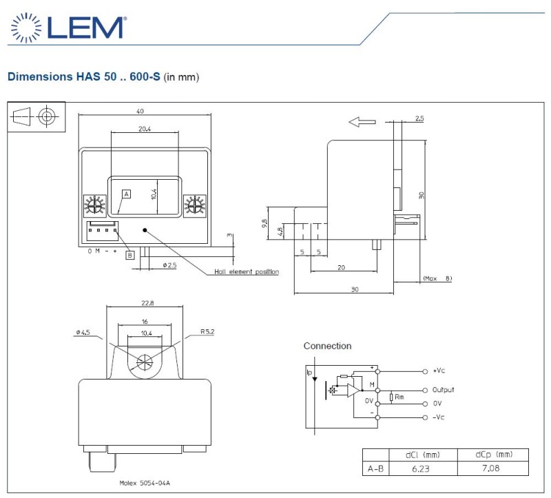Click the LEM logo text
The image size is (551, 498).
85,28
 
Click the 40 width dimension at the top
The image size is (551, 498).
140,111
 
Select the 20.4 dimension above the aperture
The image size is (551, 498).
145,129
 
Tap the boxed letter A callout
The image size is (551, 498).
127,194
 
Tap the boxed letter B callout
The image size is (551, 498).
130,255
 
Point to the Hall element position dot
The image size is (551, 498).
145,230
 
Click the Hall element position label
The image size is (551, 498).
247,271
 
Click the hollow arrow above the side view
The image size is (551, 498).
362,122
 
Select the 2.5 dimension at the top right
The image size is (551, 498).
419,118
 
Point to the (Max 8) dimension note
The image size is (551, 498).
437,278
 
